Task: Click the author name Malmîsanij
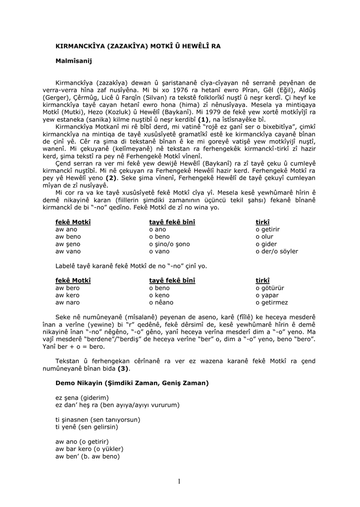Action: tap(74, 61)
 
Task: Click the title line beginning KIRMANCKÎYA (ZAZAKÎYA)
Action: tap(138, 46)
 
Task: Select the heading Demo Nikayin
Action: tap(132, 383)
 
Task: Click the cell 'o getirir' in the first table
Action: tap(267, 230)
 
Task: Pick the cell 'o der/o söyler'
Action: tap(277, 252)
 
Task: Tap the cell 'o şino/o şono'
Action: tap(169, 244)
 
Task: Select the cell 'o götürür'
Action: tap(269, 288)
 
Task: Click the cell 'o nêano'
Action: tap(161, 303)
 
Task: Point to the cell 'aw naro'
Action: tap(67, 303)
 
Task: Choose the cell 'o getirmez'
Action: tap(271, 303)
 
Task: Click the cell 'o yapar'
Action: tap(267, 295)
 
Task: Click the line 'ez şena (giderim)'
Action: tap(82, 398)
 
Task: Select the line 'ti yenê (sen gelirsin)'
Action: tap(87, 427)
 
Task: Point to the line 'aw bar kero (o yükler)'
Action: tap(89, 449)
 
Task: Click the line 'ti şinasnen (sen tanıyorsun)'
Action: tap(98, 419)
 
